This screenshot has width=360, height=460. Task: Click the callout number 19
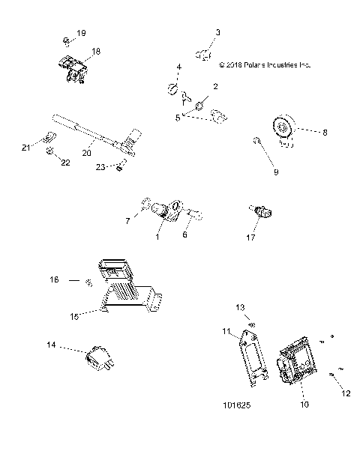click(x=82, y=34)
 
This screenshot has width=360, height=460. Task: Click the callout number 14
click(x=52, y=345)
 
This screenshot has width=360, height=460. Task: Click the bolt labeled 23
click(x=120, y=167)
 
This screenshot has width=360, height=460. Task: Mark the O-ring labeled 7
click(x=146, y=205)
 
